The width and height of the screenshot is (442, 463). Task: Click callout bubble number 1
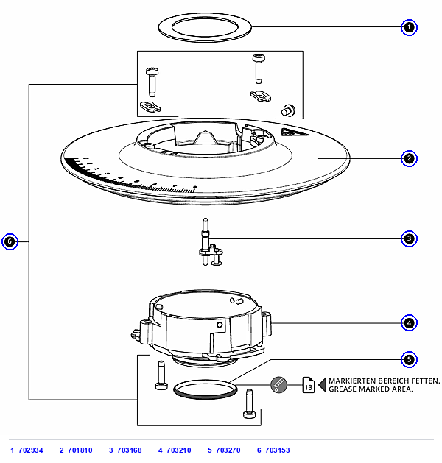coord(409,27)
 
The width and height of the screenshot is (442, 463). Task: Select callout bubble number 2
coord(409,158)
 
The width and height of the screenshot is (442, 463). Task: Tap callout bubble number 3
coord(409,238)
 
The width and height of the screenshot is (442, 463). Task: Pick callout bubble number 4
coord(409,322)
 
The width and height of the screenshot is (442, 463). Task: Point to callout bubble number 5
coord(409,359)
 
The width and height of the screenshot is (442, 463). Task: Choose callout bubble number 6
coord(10,241)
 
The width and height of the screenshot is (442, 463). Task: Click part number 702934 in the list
coord(31,450)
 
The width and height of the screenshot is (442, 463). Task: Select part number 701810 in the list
coord(80,450)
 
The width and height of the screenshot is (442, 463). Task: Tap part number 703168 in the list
coord(130,450)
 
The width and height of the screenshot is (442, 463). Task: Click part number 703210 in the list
coord(179,450)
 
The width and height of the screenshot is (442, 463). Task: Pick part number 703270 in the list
coord(228,450)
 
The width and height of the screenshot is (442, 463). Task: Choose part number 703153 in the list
coord(278,450)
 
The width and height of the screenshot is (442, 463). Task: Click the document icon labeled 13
coord(308,385)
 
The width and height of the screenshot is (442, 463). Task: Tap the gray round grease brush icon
coord(278,385)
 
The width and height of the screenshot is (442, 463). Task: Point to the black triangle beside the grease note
coord(323,385)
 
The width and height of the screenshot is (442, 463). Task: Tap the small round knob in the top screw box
coord(288,110)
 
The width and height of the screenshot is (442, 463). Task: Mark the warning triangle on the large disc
coord(293,132)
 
